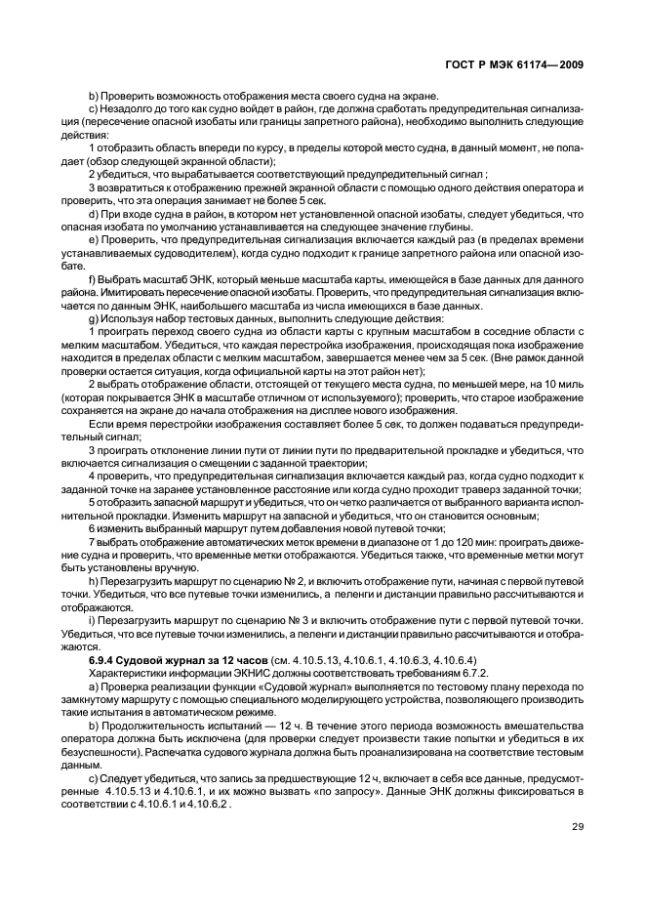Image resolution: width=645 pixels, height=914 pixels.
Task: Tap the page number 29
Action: (576, 827)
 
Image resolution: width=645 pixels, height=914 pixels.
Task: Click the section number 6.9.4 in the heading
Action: (103, 660)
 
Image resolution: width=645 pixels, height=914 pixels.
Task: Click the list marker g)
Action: (94, 318)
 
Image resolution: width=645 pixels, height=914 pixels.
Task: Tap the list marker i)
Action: (93, 621)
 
